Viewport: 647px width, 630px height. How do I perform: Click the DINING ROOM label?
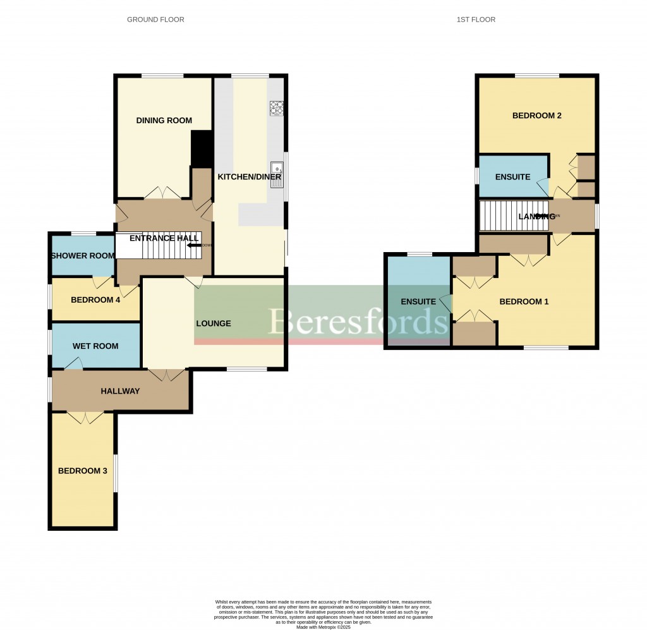[x=164, y=121]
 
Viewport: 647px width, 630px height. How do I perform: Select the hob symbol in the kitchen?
[x=277, y=108]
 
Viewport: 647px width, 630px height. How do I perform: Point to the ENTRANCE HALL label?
[x=164, y=238]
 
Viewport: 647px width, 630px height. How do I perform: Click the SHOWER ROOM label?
[x=83, y=256]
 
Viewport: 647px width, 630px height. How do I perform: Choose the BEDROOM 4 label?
[x=95, y=300]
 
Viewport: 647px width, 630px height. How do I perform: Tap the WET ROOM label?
[x=95, y=346]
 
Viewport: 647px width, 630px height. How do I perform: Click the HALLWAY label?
[x=120, y=391]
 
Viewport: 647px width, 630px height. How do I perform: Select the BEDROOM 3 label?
[x=79, y=471]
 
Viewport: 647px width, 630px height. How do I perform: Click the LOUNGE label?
[x=214, y=324]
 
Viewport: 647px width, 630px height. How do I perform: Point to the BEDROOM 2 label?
[x=536, y=116]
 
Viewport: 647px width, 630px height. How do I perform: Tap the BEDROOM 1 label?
[x=524, y=302]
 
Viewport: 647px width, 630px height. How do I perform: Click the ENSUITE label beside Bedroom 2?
[x=512, y=177]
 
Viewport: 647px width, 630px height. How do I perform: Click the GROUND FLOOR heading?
[x=155, y=20]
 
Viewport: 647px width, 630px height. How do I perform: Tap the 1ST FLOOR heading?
[x=476, y=20]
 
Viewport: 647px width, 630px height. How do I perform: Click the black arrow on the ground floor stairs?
[x=194, y=246]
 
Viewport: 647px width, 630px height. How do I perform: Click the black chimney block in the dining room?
[x=202, y=148]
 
